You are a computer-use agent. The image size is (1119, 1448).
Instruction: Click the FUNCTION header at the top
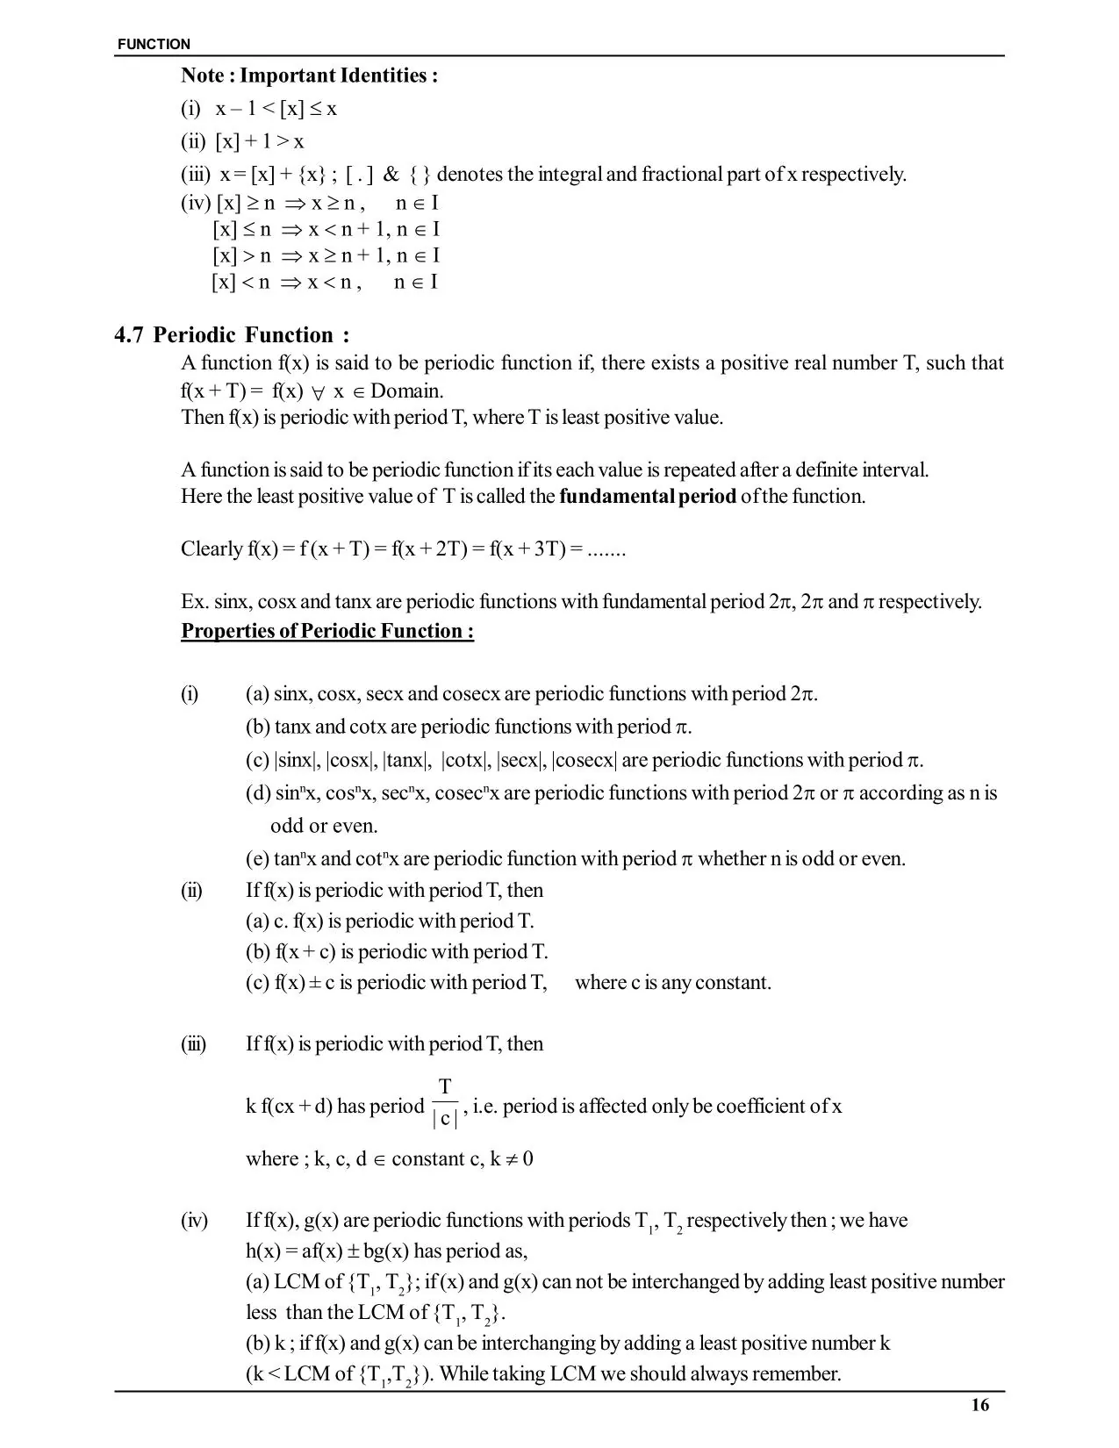(x=154, y=44)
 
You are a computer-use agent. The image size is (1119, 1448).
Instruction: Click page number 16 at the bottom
(x=980, y=1406)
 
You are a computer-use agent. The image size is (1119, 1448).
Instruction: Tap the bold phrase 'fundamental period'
(x=647, y=497)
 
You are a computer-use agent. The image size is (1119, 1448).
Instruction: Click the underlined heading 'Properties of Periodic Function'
(x=326, y=632)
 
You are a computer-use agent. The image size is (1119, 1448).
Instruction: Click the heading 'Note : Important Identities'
(x=309, y=75)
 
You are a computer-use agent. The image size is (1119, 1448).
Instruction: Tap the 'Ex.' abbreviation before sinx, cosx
(x=194, y=602)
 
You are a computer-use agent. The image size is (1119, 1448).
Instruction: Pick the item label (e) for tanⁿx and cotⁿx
(x=257, y=859)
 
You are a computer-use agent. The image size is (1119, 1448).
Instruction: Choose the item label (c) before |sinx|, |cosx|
(x=257, y=760)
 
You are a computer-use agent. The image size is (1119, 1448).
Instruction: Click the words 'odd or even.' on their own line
(x=324, y=826)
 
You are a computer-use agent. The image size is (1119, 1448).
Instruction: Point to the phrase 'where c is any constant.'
(x=673, y=983)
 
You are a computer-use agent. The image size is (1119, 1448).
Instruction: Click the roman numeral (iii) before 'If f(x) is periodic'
(x=193, y=1044)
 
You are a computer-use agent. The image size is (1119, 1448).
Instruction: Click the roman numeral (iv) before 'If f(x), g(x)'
(x=194, y=1221)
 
